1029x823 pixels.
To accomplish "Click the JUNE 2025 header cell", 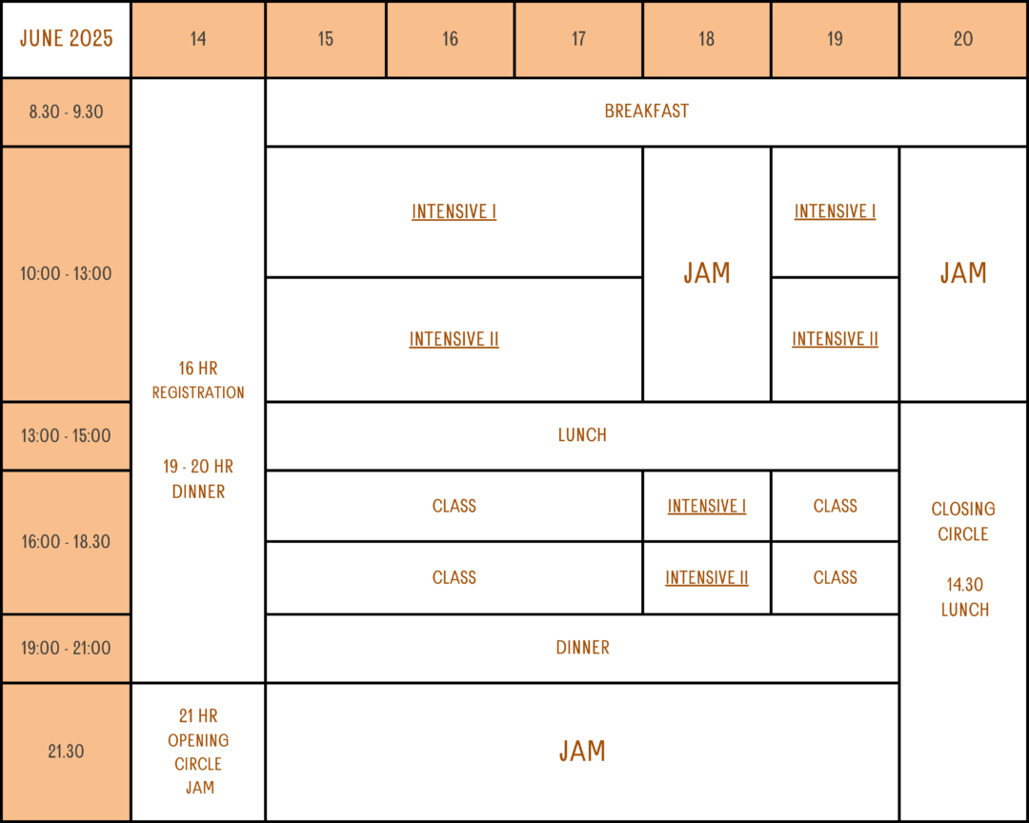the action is pyautogui.click(x=67, y=39).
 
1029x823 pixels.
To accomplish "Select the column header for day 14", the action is pyautogui.click(x=198, y=39).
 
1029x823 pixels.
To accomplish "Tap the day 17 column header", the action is pyautogui.click(x=578, y=39).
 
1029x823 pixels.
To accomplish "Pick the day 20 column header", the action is pyautogui.click(x=962, y=39).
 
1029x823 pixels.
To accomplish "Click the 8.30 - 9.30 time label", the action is pyautogui.click(x=67, y=111).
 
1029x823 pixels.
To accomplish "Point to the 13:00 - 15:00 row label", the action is pyautogui.click(x=67, y=435).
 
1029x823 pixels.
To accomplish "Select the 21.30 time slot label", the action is pyautogui.click(x=67, y=752).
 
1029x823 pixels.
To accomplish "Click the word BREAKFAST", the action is pyautogui.click(x=646, y=110).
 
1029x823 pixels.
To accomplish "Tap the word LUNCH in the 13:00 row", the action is pyautogui.click(x=582, y=435).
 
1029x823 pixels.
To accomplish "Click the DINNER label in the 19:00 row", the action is pyautogui.click(x=582, y=648).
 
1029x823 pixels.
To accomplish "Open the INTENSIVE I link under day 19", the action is pyautogui.click(x=835, y=211).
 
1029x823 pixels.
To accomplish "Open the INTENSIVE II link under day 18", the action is pyautogui.click(x=707, y=577).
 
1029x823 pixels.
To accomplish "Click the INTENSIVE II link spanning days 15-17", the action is pyautogui.click(x=454, y=339).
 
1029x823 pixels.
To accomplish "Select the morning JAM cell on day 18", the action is pyautogui.click(x=707, y=273).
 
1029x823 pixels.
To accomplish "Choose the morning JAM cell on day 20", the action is pyautogui.click(x=962, y=273).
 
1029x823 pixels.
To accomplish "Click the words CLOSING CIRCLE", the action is pyautogui.click(x=962, y=522).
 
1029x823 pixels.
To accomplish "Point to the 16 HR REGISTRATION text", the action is pyautogui.click(x=198, y=381).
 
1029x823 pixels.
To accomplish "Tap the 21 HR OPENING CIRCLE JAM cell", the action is pyautogui.click(x=198, y=752).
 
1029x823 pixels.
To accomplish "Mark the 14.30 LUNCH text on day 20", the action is pyautogui.click(x=964, y=597).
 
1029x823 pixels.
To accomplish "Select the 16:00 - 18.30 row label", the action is pyautogui.click(x=67, y=542).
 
